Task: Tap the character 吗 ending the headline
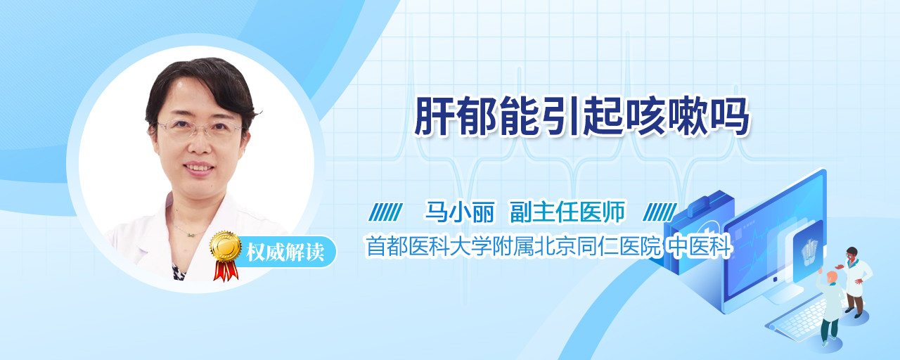[729, 116]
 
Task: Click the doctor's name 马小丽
[460, 212]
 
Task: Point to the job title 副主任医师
[567, 212]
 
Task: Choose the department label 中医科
[700, 246]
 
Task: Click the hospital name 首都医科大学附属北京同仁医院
[513, 246]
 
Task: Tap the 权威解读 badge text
[285, 252]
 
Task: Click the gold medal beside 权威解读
[226, 246]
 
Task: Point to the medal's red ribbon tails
[226, 271]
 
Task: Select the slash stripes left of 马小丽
[385, 212]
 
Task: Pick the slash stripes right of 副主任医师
[660, 212]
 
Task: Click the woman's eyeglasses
[200, 129]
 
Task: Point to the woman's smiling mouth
[198, 167]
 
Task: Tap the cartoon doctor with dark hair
[855, 282]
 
